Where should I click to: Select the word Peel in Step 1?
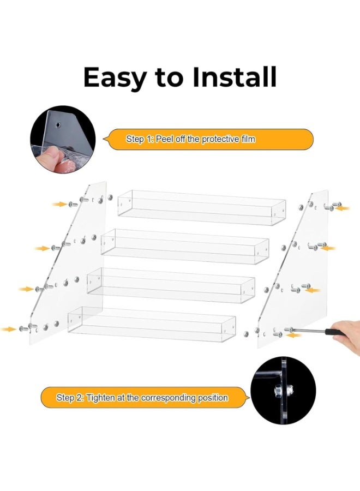coord(165,139)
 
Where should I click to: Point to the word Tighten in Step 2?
coord(101,398)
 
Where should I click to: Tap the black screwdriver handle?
coord(335,332)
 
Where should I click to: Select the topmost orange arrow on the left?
coord(59,205)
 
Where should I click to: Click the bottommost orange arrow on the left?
coord(8,329)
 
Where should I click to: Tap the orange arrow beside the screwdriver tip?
coord(294,336)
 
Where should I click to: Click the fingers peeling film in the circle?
coord(52,160)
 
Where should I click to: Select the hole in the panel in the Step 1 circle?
coord(58,125)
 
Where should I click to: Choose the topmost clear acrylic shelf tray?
coord(202,208)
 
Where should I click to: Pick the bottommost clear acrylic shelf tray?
coord(152,324)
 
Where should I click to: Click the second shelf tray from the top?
coord(185,247)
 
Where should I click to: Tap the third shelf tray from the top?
coord(171,285)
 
